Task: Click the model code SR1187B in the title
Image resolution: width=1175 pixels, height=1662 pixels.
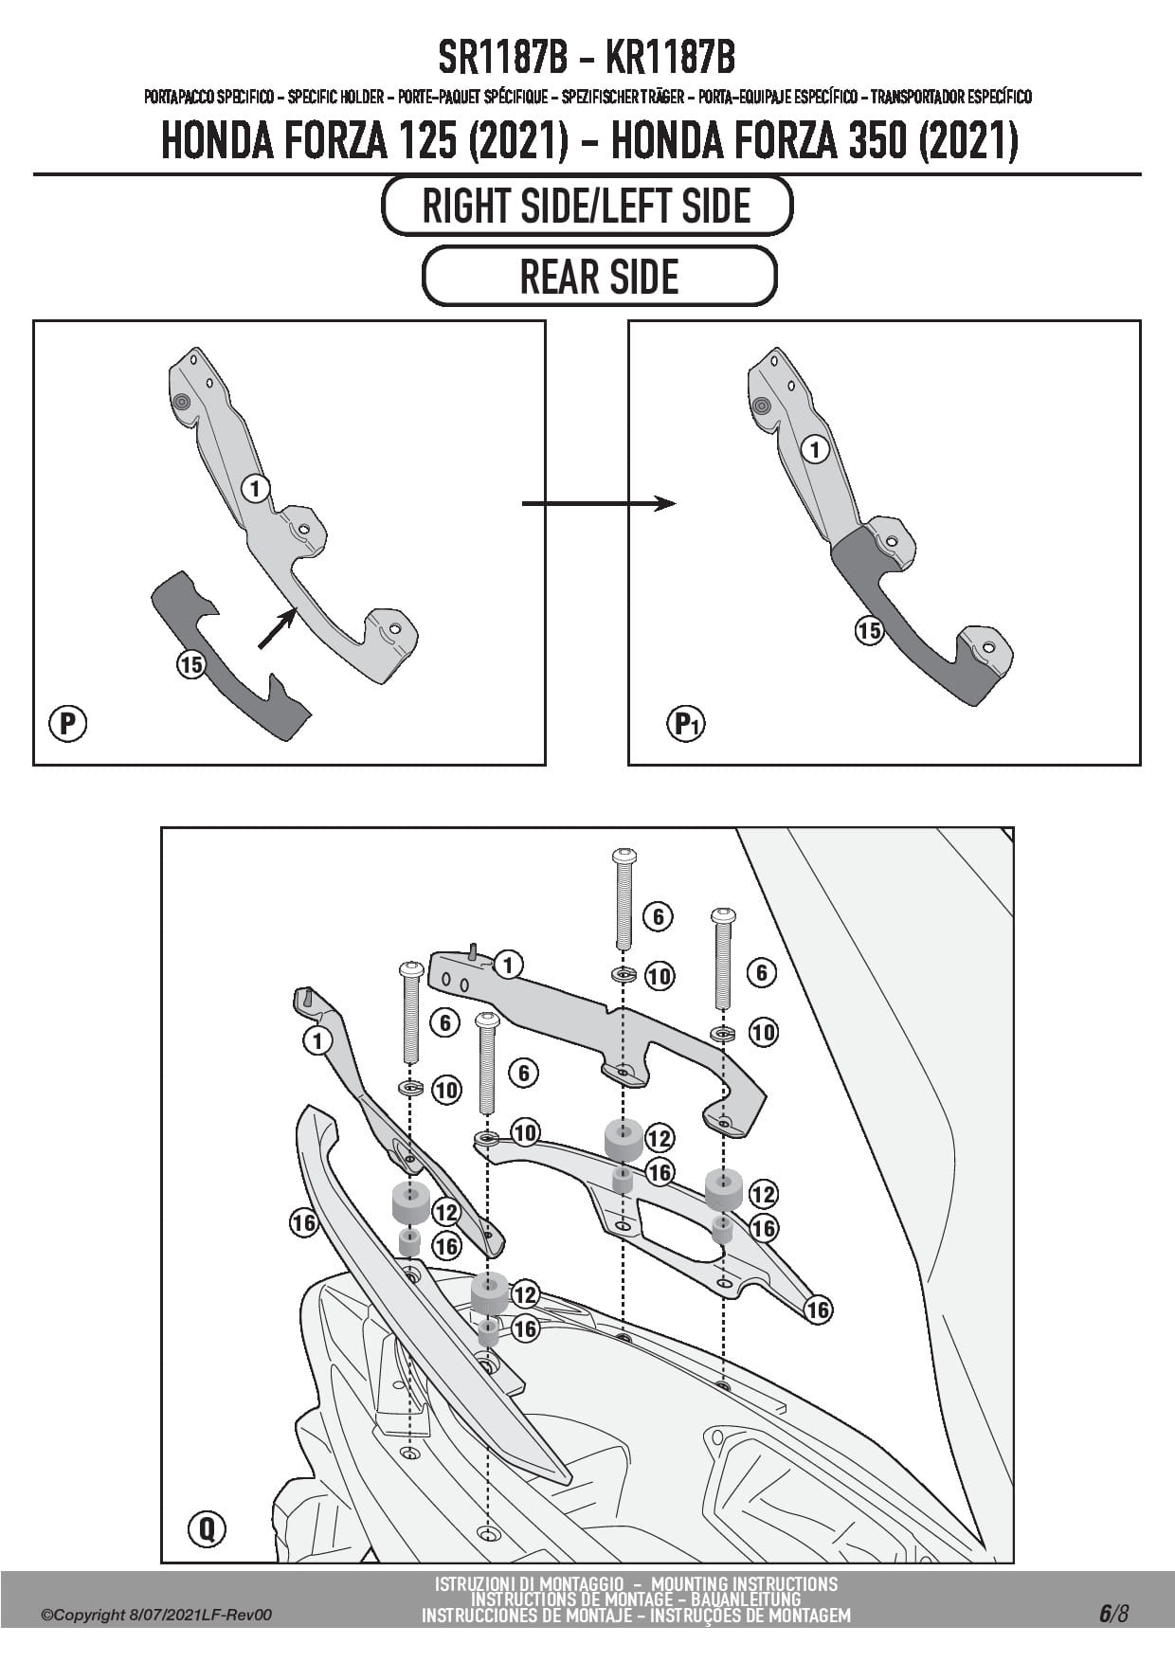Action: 502,59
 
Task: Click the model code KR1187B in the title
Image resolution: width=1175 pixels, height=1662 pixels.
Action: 669,59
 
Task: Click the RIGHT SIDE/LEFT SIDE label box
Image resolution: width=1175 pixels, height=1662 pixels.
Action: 587,206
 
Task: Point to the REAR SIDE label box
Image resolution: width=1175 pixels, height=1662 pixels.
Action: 599,277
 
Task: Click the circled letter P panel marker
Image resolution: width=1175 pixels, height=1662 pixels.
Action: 67,724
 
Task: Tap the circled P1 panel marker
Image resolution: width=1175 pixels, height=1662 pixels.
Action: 686,725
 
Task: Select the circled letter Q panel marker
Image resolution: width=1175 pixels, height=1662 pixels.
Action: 207,1528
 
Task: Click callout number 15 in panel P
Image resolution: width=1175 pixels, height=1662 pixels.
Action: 191,664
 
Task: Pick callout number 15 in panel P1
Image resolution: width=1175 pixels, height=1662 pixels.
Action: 869,630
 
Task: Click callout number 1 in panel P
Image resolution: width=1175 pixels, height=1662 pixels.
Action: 256,488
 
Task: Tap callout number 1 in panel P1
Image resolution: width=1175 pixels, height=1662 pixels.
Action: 815,449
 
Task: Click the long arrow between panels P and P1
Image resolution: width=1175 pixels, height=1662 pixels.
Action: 599,504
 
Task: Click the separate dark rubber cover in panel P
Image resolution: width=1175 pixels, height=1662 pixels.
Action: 227,663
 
